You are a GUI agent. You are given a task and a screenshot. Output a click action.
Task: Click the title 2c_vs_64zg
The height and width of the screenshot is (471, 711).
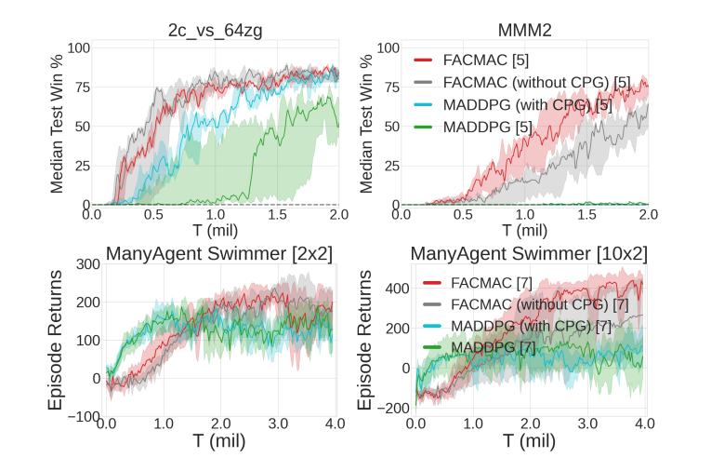216,31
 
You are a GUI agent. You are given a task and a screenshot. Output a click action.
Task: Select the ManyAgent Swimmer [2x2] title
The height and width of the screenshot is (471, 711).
219,253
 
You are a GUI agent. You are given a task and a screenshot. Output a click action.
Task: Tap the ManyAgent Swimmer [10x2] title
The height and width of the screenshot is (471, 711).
529,253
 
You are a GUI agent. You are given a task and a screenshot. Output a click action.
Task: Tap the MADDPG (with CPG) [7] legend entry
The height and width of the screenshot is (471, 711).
524,325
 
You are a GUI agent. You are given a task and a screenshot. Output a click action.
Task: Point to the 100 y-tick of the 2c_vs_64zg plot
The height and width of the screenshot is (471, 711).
78,47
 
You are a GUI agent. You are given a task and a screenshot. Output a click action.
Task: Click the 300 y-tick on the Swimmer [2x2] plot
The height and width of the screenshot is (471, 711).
88,264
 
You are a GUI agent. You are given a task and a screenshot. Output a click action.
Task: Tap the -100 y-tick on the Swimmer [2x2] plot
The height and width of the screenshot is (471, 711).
85,416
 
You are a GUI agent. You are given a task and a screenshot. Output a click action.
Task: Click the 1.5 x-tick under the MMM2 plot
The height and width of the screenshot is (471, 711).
586,215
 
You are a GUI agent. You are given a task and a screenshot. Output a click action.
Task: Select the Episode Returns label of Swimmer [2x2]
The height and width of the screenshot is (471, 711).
55,340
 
